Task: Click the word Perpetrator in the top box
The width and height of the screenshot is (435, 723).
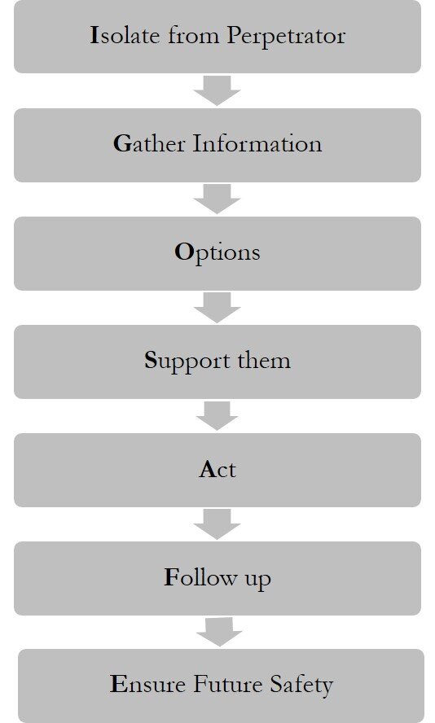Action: pyautogui.click(x=286, y=37)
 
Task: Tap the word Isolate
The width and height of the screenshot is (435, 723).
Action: pyautogui.click(x=125, y=36)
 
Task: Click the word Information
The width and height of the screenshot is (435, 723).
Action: pyautogui.click(x=257, y=143)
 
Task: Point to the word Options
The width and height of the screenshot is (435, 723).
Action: pyautogui.click(x=217, y=253)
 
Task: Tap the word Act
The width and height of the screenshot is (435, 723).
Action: pyautogui.click(x=217, y=470)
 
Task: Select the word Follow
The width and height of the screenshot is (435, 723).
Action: pyautogui.click(x=200, y=577)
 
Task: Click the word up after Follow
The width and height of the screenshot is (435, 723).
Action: pyautogui.click(x=257, y=580)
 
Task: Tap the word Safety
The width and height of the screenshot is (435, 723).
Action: pyautogui.click(x=301, y=686)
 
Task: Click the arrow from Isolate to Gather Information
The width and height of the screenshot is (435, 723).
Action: pyautogui.click(x=217, y=90)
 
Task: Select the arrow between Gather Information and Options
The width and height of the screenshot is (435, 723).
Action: pyautogui.click(x=217, y=199)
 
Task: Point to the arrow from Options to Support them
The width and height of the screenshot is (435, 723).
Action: pyautogui.click(x=217, y=308)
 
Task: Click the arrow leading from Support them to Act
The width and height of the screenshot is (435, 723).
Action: pyautogui.click(x=217, y=416)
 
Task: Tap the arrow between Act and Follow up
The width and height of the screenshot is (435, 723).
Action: pyautogui.click(x=217, y=524)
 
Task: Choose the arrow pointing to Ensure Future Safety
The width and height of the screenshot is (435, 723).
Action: pyautogui.click(x=219, y=632)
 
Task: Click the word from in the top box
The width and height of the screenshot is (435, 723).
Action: pyautogui.click(x=193, y=36)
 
